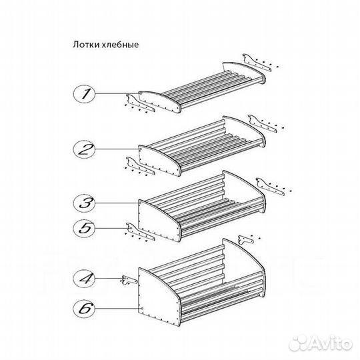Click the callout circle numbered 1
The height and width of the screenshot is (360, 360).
click(x=84, y=94)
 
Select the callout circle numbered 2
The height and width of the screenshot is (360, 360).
click(x=84, y=149)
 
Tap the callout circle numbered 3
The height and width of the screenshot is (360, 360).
click(x=84, y=203)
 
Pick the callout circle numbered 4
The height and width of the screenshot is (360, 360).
click(x=84, y=278)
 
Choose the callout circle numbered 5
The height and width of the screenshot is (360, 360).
click(x=84, y=228)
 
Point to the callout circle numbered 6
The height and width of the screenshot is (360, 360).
click(x=84, y=309)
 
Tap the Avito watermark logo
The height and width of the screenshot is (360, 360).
click(x=321, y=344)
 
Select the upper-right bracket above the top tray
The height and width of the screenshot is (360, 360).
click(x=257, y=63)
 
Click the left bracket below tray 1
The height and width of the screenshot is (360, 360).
click(x=141, y=103)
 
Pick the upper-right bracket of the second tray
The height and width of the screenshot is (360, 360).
click(x=263, y=124)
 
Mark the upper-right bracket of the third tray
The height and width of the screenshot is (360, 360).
click(x=271, y=187)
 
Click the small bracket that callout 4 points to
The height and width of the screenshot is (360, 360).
click(x=129, y=280)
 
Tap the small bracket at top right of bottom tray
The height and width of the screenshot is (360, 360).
click(x=246, y=240)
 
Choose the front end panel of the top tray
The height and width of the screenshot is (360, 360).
click(x=159, y=101)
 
